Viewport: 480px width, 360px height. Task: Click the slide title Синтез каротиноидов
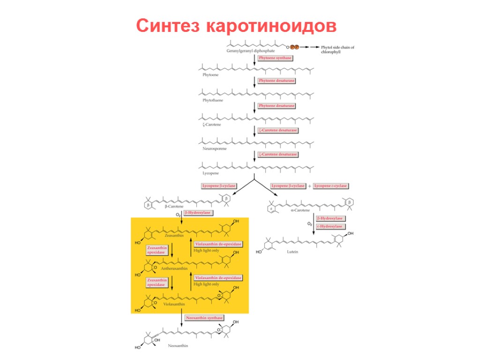point(236,26)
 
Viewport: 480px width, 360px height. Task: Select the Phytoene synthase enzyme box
point(276,58)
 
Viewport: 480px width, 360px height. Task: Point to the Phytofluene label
point(213,100)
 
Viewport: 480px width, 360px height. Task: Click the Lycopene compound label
point(210,173)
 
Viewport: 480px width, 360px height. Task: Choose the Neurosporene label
point(214,149)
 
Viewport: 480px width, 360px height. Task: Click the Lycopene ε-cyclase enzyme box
point(331,186)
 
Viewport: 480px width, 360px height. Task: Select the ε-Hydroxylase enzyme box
point(330,226)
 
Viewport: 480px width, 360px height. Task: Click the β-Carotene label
point(174,206)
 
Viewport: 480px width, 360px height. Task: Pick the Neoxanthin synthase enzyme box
point(204,318)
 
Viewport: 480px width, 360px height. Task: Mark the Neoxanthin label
point(178,345)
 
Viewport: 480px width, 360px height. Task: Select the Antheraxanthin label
point(174,269)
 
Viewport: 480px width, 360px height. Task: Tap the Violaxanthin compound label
point(174,304)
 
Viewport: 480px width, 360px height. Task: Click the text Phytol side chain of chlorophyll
point(337,50)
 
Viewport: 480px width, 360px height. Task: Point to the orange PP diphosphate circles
point(294,47)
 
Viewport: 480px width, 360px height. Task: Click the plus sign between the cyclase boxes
point(309,186)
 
